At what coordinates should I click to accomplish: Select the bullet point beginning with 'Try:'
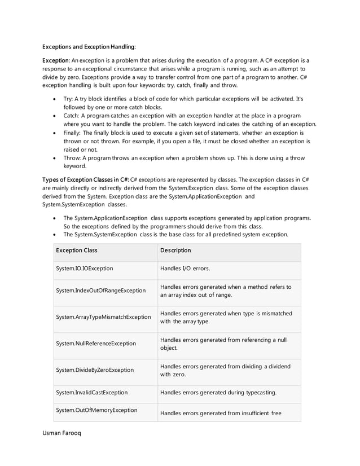click(x=183, y=103)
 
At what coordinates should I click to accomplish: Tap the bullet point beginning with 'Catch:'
click(x=190, y=120)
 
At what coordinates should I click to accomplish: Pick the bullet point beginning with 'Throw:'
click(x=183, y=162)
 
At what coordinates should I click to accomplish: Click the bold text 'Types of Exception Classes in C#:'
click(x=86, y=179)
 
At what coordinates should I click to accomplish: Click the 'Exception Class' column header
click(x=77, y=250)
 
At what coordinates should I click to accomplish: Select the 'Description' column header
click(x=175, y=250)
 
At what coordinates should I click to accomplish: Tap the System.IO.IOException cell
click(x=85, y=269)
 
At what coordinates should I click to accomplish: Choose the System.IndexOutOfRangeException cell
click(x=100, y=291)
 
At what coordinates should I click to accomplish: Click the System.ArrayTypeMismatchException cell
click(x=103, y=317)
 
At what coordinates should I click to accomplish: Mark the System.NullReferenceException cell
click(x=96, y=343)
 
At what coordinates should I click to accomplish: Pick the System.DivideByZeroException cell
click(x=95, y=370)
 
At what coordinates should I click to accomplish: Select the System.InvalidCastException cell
click(x=92, y=392)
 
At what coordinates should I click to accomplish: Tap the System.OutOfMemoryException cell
click(x=96, y=410)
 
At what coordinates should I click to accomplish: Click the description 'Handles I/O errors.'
click(x=185, y=269)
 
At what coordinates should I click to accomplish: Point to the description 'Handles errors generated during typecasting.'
click(x=218, y=392)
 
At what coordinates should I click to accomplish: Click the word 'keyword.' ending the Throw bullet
click(x=74, y=166)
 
